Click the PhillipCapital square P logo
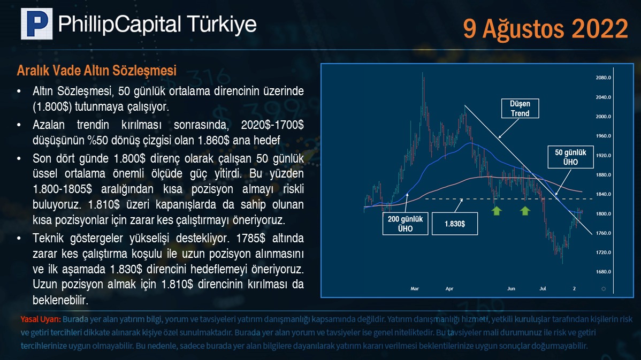click(37, 24)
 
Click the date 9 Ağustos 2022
click(545, 29)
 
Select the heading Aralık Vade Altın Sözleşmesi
click(96, 71)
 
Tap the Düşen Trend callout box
click(520, 109)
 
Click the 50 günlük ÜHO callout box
click(571, 157)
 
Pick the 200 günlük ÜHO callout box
click(405, 224)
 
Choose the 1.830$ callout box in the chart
click(455, 224)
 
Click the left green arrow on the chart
click(497, 210)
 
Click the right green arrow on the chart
click(525, 210)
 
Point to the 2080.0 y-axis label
click(604, 78)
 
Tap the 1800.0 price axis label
click(604, 214)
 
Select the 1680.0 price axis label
click(604, 272)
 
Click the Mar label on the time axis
click(415, 288)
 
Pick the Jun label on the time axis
click(511, 288)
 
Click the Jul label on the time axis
click(543, 288)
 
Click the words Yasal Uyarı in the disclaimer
click(41, 319)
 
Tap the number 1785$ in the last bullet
click(250, 238)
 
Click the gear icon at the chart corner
click(604, 289)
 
